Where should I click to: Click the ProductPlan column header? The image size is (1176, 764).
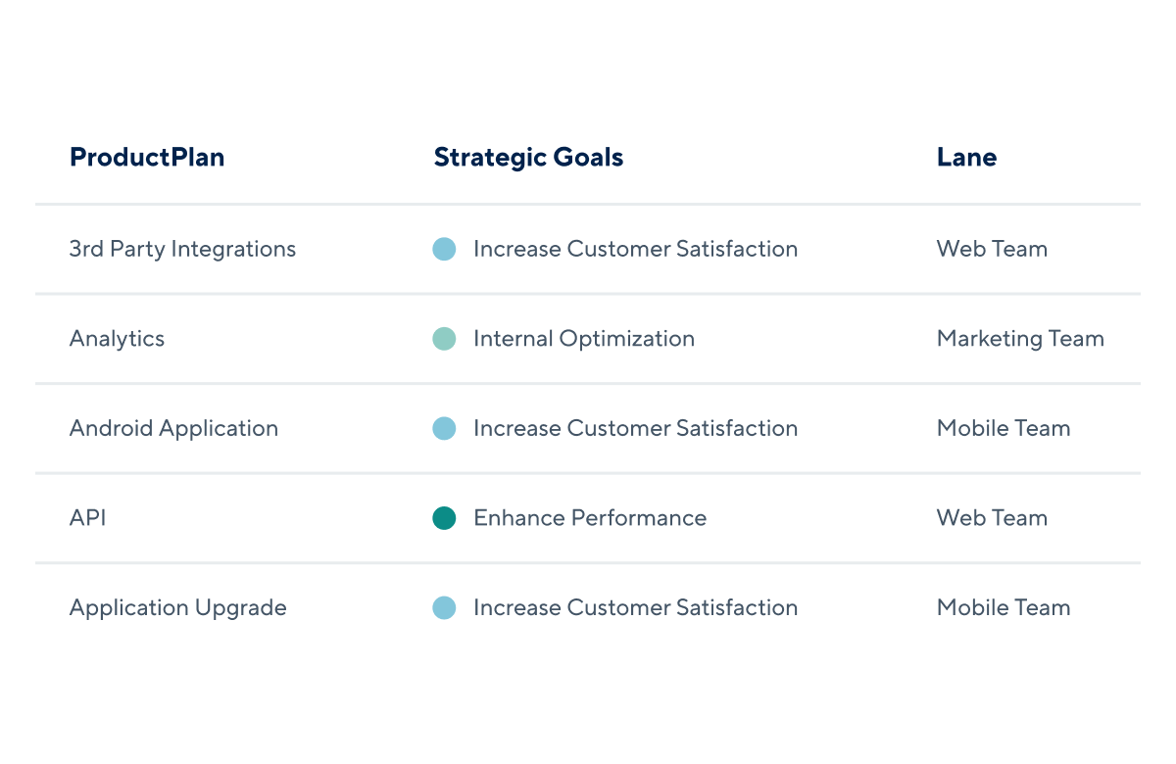pos(147,157)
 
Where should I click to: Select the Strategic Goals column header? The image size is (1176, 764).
pos(528,158)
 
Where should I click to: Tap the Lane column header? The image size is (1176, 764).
pos(966,157)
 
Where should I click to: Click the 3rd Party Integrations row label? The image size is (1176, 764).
pos(182,249)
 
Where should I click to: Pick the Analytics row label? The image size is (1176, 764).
pos(117,339)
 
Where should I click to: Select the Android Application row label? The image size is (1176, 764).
pos(173,429)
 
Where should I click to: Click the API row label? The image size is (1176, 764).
pos(87,518)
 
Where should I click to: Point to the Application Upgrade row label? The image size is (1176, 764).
pos(178,608)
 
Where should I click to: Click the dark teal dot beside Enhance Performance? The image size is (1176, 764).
pos(444,518)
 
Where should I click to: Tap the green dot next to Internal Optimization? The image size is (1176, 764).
pos(444,339)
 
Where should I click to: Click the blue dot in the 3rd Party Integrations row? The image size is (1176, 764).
pos(444,249)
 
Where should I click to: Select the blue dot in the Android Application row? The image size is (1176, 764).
pos(444,428)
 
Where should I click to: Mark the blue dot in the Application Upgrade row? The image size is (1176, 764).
pos(444,607)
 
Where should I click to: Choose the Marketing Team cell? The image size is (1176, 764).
pos(1020,339)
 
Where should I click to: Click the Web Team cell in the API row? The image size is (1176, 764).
pos(992,518)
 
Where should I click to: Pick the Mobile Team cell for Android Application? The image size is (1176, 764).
pos(1004,428)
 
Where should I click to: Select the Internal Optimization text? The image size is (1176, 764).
pos(584,339)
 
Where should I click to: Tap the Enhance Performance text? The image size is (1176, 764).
pos(590,518)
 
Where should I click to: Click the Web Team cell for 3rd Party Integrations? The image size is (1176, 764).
pos(992,249)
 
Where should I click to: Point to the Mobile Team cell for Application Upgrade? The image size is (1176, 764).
pos(1004,607)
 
